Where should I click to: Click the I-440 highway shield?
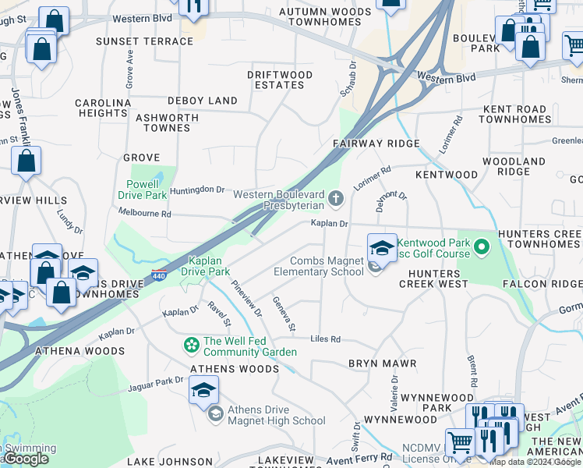pyautogui.click(x=159, y=275)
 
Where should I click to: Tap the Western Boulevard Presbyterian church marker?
pyautogui.click(x=336, y=198)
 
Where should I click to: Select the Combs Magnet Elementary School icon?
pyautogui.click(x=381, y=248)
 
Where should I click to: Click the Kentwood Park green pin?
pyautogui.click(x=482, y=247)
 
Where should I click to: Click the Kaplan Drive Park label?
pyautogui.click(x=205, y=266)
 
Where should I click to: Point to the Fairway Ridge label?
pyautogui.click(x=376, y=144)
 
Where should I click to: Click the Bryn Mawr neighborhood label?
pyautogui.click(x=382, y=363)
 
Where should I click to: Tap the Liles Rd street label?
pyautogui.click(x=326, y=339)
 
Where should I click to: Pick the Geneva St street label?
pyautogui.click(x=284, y=314)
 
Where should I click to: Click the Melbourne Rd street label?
pyautogui.click(x=144, y=213)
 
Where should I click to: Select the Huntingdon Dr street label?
pyautogui.click(x=197, y=190)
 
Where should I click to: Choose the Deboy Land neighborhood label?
pyautogui.click(x=203, y=101)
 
